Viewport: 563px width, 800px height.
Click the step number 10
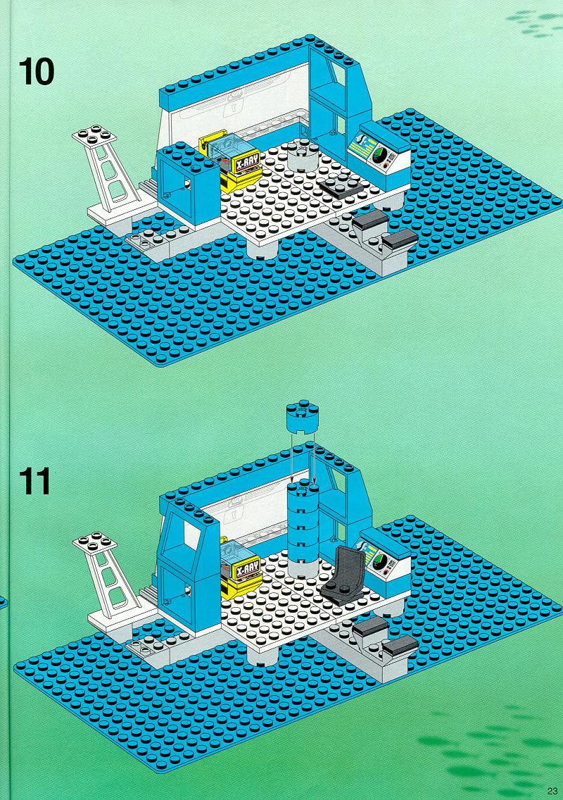pyautogui.click(x=36, y=72)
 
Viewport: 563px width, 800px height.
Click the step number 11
pyautogui.click(x=35, y=482)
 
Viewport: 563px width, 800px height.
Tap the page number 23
pyautogui.click(x=552, y=791)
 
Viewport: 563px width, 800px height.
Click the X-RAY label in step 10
pyautogui.click(x=246, y=162)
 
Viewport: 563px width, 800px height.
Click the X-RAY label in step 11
pyautogui.click(x=247, y=568)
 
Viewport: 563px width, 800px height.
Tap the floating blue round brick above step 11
pyautogui.click(x=303, y=416)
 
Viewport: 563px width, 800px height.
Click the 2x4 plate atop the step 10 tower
pyautogui.click(x=94, y=135)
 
